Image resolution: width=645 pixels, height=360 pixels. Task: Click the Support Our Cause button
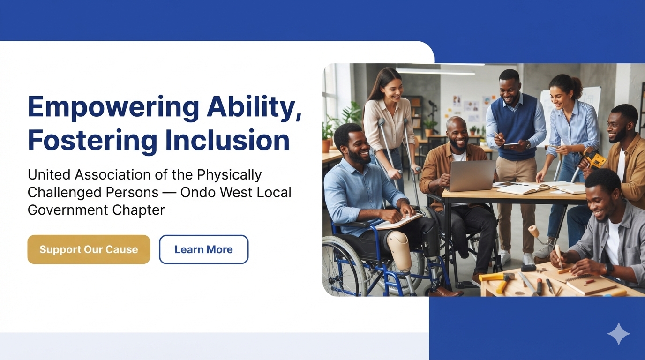tap(89, 249)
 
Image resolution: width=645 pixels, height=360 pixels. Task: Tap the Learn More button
tap(203, 249)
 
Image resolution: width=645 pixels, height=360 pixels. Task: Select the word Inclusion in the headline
tap(227, 140)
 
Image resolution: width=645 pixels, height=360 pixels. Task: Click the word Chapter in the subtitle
tap(138, 210)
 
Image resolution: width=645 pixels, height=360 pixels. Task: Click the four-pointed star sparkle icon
tap(618, 333)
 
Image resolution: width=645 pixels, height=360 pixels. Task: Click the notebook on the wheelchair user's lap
tap(400, 221)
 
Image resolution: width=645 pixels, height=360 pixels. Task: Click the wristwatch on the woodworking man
tap(609, 269)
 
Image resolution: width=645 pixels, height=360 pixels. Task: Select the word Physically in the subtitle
tap(230, 175)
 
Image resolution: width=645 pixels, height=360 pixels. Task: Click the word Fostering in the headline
tap(92, 140)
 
